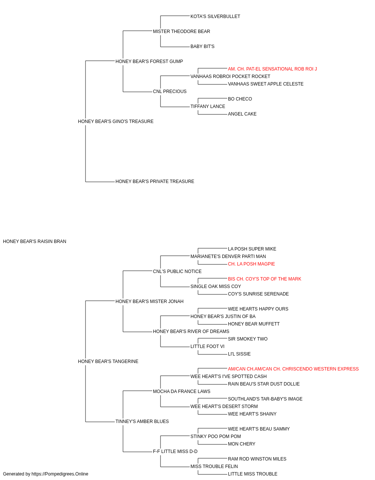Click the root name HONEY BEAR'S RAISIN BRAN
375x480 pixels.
[34, 241]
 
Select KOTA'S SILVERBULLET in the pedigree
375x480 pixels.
[215, 16]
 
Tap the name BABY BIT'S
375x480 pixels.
[202, 46]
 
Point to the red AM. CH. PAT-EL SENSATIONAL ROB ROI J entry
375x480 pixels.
[272, 69]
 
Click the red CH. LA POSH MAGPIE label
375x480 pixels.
[251, 264]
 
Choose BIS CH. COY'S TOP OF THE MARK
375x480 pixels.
[264, 279]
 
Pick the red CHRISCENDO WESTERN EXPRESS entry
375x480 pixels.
[293, 369]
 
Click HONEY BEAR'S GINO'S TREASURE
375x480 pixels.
[115, 121]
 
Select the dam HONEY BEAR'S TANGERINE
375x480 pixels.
[108, 361]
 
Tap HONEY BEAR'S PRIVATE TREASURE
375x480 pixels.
[154, 181]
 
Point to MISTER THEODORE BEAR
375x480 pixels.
[181, 31]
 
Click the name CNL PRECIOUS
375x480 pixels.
[169, 91]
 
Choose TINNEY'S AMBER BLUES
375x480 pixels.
[142, 421]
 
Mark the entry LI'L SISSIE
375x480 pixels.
[239, 354]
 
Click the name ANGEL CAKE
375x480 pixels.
[242, 114]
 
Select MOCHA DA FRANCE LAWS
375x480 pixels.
[181, 391]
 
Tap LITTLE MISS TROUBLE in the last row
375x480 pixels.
[252, 474]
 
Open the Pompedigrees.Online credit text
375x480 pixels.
[45, 474]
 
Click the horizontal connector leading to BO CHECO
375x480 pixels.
[213, 98]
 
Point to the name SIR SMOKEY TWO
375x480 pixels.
[247, 339]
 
